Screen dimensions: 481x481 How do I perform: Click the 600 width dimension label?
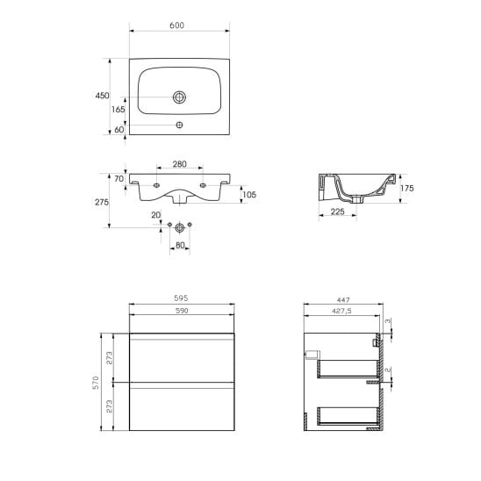[176, 25]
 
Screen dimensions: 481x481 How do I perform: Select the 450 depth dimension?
[102, 96]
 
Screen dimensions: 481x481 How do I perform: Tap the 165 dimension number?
[118, 110]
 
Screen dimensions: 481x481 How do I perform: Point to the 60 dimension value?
[119, 130]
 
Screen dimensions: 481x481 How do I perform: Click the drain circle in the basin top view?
[179, 97]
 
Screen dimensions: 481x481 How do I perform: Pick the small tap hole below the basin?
[179, 125]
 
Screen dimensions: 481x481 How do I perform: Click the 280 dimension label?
[179, 164]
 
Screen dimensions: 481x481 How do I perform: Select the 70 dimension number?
[119, 178]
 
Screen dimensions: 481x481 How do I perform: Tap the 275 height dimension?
[102, 202]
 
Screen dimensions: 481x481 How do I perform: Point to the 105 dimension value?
[249, 195]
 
